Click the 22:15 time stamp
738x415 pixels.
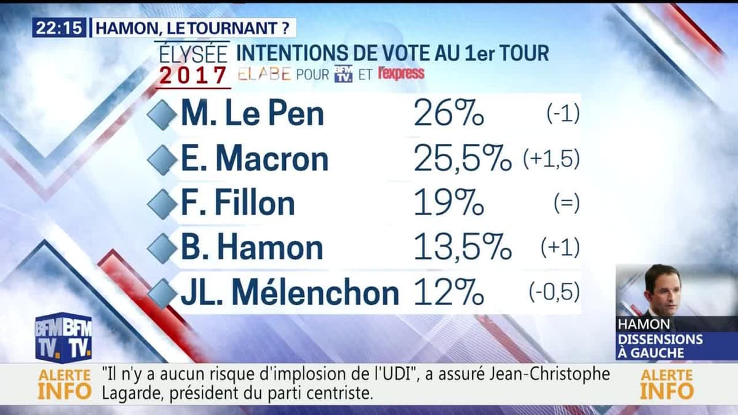(60, 28)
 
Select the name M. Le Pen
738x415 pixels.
(252, 114)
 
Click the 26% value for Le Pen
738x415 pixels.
(449, 114)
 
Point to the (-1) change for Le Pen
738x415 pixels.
(563, 114)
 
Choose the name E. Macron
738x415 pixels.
(255, 159)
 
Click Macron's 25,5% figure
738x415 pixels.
(462, 159)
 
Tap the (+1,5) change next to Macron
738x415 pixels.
(551, 159)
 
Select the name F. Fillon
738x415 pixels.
(238, 204)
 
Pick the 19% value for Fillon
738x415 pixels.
(449, 204)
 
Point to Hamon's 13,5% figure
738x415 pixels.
(462, 248)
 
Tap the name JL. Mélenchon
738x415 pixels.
(290, 293)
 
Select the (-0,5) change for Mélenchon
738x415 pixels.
(554, 293)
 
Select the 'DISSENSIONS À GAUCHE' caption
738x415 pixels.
(659, 346)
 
